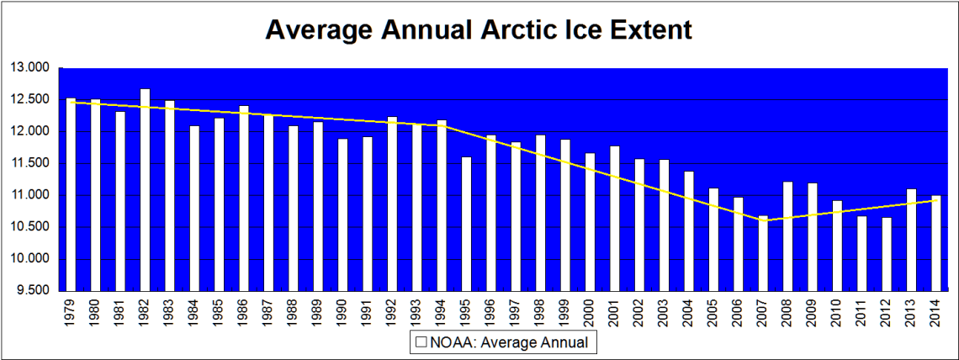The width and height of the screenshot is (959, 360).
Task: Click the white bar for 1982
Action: point(145,189)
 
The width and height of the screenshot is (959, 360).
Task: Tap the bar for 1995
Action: point(466,224)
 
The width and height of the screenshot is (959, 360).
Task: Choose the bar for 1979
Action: point(71,194)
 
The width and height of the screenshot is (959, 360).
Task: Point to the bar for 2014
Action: point(935,243)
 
